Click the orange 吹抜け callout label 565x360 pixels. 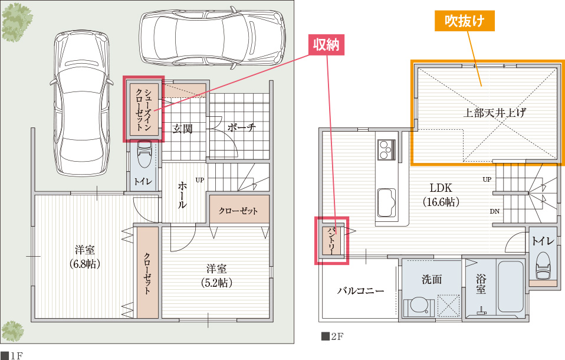click(x=465, y=21)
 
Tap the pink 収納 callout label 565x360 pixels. click(x=326, y=45)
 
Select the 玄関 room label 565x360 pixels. click(x=183, y=129)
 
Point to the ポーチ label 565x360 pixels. click(x=242, y=127)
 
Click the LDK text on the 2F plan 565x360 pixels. click(x=441, y=188)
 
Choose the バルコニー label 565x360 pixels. click(x=361, y=290)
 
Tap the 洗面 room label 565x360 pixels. click(x=432, y=279)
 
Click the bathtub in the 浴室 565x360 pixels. click(x=511, y=286)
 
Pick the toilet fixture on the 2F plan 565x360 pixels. click(x=543, y=265)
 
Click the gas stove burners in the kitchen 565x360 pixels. click(x=386, y=149)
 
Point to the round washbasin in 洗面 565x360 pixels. click(x=418, y=306)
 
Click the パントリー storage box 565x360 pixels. click(x=331, y=241)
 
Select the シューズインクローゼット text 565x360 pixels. click(x=143, y=110)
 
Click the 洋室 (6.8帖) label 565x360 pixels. click(x=85, y=257)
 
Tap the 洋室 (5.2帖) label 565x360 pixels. click(x=216, y=275)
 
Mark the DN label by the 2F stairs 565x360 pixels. click(x=495, y=211)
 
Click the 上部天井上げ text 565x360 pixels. click(x=494, y=113)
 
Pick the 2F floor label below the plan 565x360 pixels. click(x=332, y=336)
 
